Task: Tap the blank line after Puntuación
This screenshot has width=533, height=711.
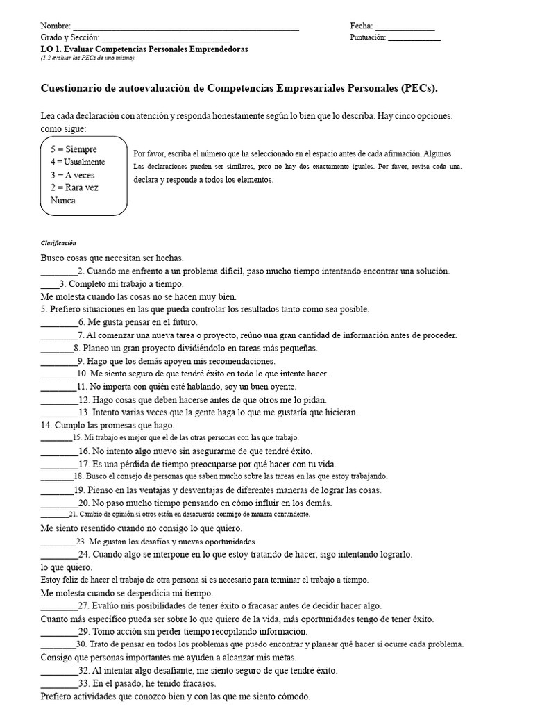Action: (x=414, y=40)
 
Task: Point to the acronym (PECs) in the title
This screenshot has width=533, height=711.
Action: (x=418, y=88)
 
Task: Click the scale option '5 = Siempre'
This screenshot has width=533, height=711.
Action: (x=74, y=149)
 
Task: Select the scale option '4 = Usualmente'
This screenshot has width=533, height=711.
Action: (x=78, y=162)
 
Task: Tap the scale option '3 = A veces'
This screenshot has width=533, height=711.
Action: (x=72, y=175)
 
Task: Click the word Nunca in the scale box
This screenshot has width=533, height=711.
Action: (x=63, y=201)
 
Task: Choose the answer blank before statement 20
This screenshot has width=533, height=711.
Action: (x=58, y=505)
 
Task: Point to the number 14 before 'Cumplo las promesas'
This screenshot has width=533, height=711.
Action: (x=46, y=425)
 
